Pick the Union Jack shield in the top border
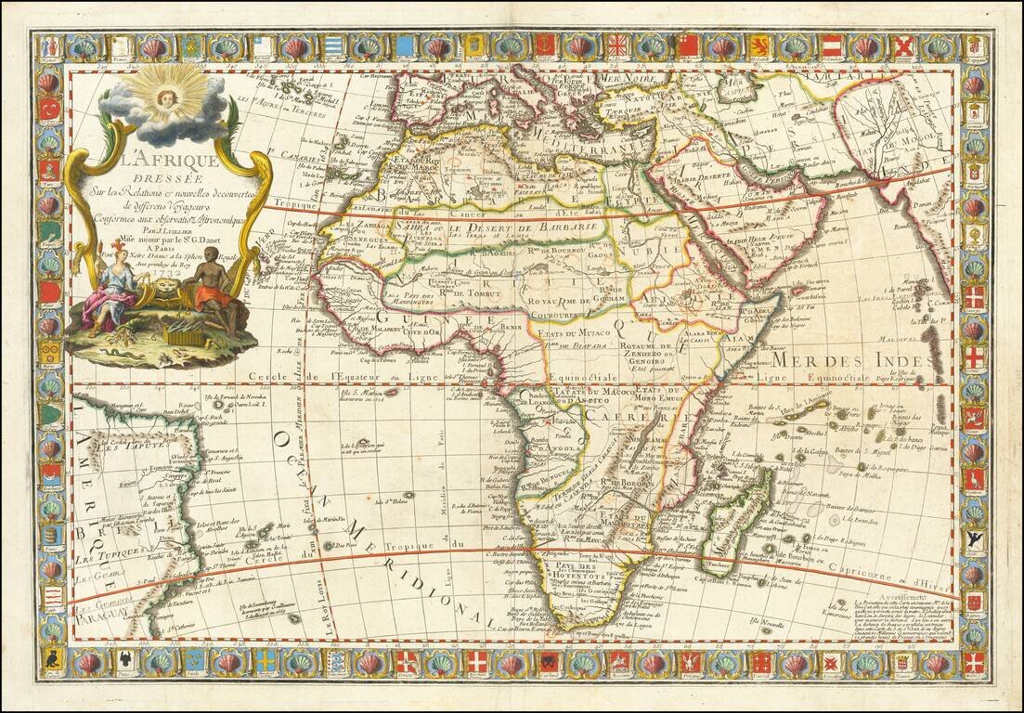[617, 45]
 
